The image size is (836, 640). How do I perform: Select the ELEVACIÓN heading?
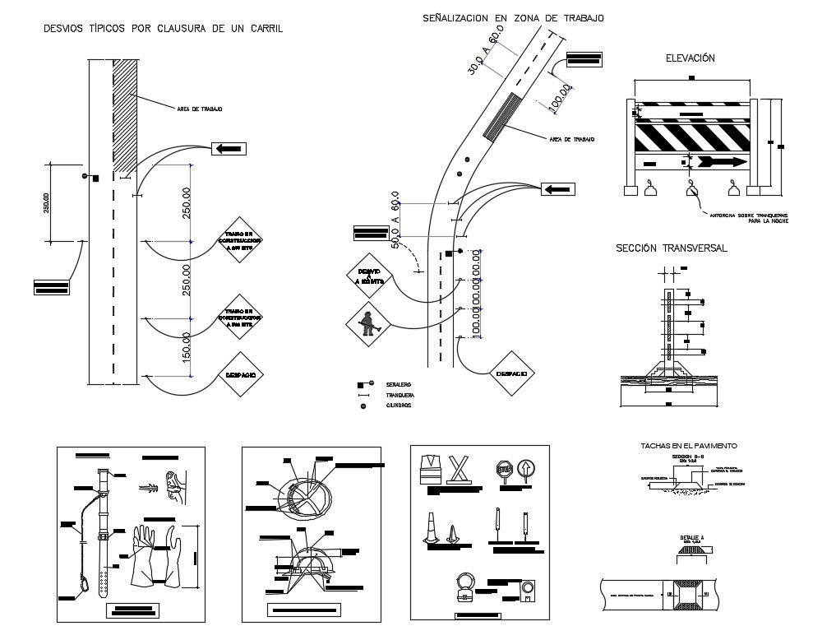tap(691, 58)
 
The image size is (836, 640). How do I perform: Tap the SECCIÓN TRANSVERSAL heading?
tap(672, 248)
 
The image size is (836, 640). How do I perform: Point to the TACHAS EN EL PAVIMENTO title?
tap(689, 445)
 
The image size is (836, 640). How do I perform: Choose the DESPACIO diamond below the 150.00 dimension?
tap(240, 375)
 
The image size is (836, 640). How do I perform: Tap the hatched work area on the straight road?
tap(125, 115)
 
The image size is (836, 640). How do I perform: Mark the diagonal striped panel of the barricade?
tap(691, 137)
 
